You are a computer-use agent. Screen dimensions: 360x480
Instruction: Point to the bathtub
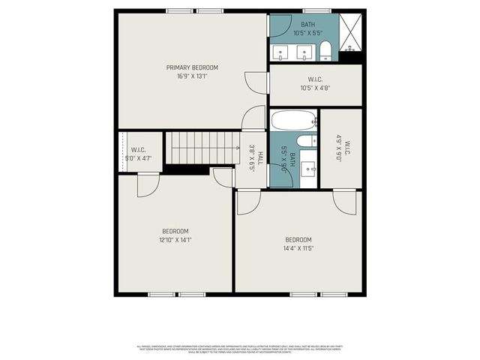pos(294,121)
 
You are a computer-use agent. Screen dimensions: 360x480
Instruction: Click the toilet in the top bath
pos(325,52)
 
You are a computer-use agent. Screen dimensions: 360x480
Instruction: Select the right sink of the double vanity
pos(304,52)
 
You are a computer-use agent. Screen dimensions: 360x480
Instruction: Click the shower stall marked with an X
pos(351,34)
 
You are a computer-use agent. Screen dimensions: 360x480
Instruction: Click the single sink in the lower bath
pos(309,171)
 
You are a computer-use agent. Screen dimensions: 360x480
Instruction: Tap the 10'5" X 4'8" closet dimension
pos(314,88)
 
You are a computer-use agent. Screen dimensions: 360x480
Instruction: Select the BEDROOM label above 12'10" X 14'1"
pos(175,231)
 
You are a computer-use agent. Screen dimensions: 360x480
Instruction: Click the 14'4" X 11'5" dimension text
pos(298,248)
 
